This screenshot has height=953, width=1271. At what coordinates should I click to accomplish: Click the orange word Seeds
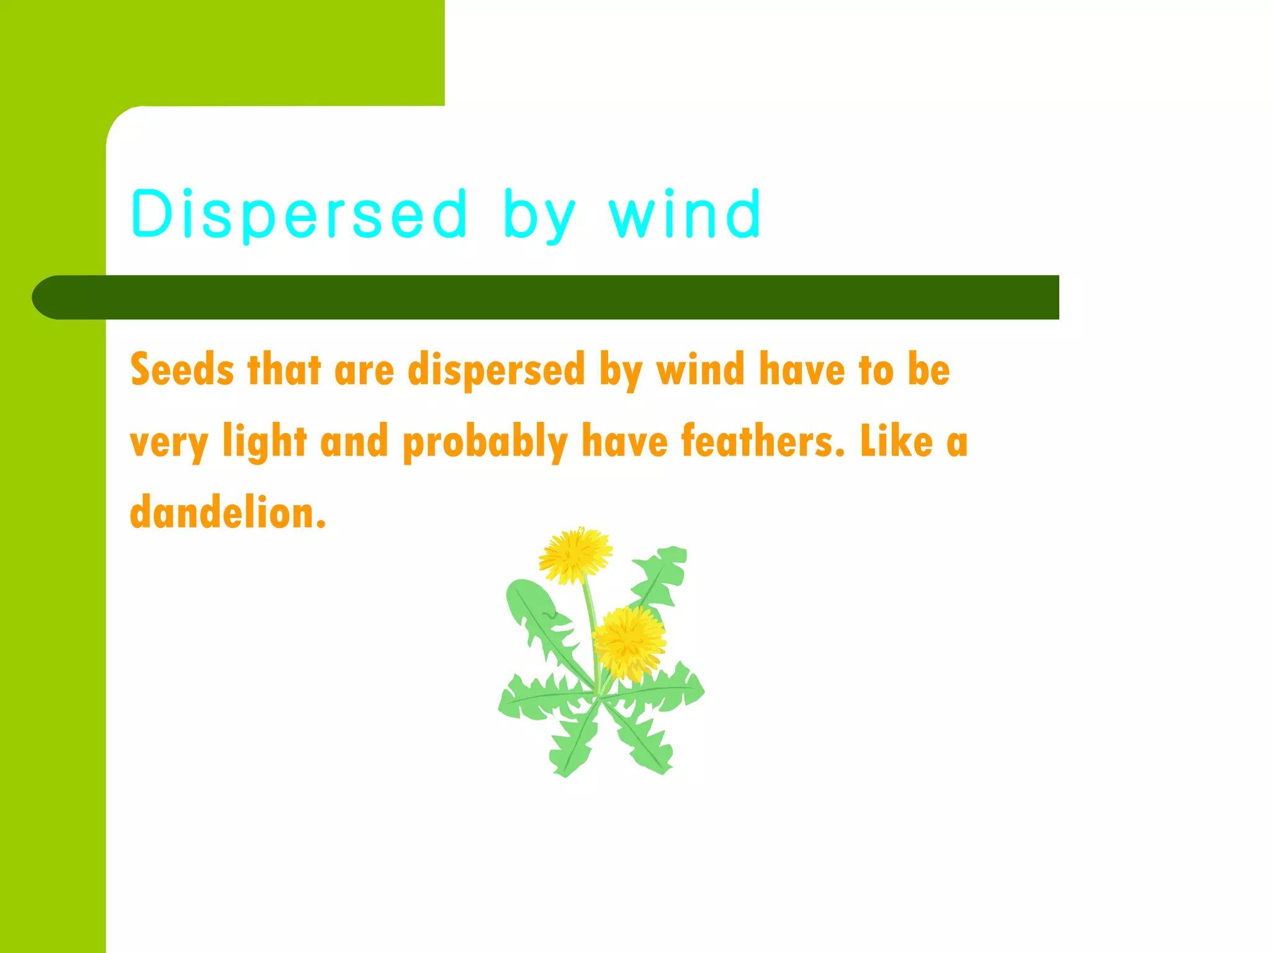[x=182, y=370]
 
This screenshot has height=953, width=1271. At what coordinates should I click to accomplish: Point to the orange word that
[x=284, y=370]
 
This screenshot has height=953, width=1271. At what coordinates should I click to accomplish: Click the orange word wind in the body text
[x=701, y=370]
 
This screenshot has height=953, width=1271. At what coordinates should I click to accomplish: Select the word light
[x=265, y=442]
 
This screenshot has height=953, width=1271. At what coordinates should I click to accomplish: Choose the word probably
[x=485, y=442]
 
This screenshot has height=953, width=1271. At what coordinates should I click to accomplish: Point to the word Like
[x=896, y=441]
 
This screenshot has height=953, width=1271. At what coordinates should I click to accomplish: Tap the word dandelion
[x=228, y=513]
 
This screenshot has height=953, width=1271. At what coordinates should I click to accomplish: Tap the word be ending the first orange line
[x=928, y=370]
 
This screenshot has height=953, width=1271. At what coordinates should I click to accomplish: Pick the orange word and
[x=354, y=441]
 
